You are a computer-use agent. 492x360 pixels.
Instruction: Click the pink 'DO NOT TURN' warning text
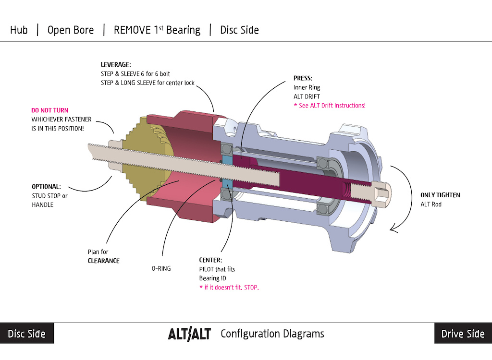point(50,110)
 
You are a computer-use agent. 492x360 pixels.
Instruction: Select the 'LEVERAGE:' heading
point(116,65)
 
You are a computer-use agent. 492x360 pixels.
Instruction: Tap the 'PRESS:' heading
point(303,78)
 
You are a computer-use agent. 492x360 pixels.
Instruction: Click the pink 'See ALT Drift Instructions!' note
point(330,105)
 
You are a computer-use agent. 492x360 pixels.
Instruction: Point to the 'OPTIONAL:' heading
point(47,186)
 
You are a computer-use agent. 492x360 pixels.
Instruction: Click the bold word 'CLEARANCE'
point(103,261)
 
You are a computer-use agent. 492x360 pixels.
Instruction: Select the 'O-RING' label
point(161,269)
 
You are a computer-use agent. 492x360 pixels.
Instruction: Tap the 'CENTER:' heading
point(210,260)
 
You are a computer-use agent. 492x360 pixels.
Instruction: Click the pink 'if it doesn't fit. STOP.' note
point(229,287)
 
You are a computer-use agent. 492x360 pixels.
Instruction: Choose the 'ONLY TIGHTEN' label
point(440,195)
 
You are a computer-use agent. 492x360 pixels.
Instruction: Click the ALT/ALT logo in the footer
point(189,334)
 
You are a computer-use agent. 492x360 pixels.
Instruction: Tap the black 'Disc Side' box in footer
point(27,334)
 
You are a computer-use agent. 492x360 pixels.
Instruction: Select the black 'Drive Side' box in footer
point(463,334)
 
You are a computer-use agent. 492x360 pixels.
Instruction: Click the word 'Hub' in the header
point(19,30)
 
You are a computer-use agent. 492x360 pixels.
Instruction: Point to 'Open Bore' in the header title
point(71,30)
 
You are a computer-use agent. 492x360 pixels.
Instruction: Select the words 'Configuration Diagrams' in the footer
point(272,334)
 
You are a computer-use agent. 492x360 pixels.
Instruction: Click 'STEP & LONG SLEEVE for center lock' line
point(148,83)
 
